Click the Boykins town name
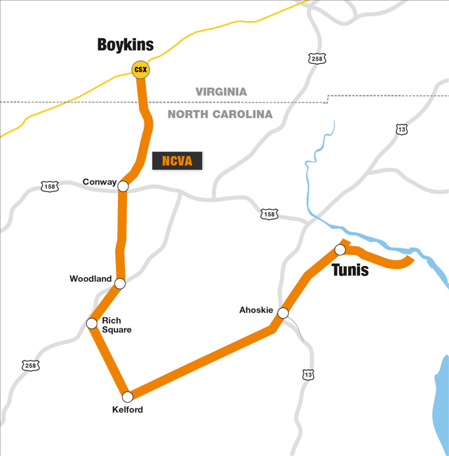coord(125,46)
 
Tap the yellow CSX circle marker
coord(140,69)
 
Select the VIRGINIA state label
coord(221,92)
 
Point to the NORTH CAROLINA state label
coord(220,114)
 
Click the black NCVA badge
coord(177,160)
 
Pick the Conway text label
coord(100,182)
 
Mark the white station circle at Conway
coord(123,186)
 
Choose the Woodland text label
coord(90,279)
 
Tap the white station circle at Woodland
coord(120,283)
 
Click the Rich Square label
coord(116,325)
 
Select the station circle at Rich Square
coord(91,323)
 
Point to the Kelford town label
coord(128,410)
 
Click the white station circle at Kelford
coord(127,396)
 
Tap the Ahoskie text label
coord(255,309)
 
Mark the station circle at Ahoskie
coord(283,313)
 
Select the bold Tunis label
coord(349,270)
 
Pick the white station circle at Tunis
coord(340,250)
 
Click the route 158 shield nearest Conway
coord(49,187)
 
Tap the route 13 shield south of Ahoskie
coord(307,375)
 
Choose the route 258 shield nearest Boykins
coord(316,59)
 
